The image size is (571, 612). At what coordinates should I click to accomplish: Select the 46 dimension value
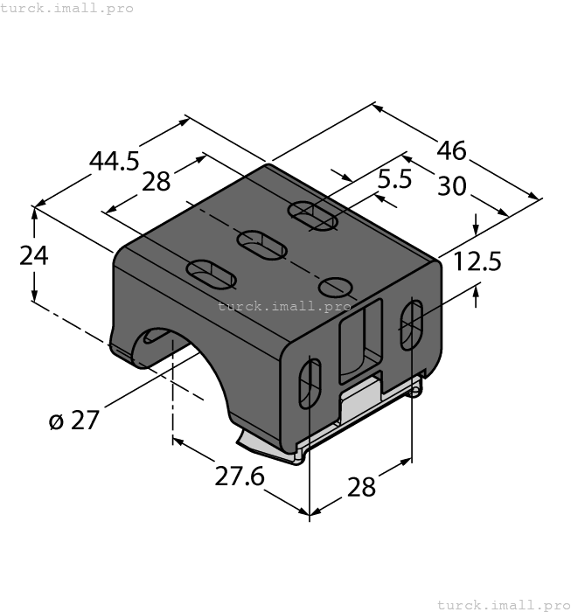451,150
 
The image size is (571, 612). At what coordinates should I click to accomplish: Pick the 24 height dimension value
34,256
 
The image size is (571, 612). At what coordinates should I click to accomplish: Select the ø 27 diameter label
74,421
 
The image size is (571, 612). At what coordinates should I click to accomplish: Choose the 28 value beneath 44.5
156,181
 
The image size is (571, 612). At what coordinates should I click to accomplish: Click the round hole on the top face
336,286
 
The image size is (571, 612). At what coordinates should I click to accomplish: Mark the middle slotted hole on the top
261,245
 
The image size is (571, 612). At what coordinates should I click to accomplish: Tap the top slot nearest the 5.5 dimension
313,216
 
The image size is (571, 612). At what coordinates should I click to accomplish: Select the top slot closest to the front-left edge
212,274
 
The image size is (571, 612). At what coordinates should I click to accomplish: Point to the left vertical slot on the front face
309,382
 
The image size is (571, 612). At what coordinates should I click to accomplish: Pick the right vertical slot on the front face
413,324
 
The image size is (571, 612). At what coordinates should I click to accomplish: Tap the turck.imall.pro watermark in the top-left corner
67,8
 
